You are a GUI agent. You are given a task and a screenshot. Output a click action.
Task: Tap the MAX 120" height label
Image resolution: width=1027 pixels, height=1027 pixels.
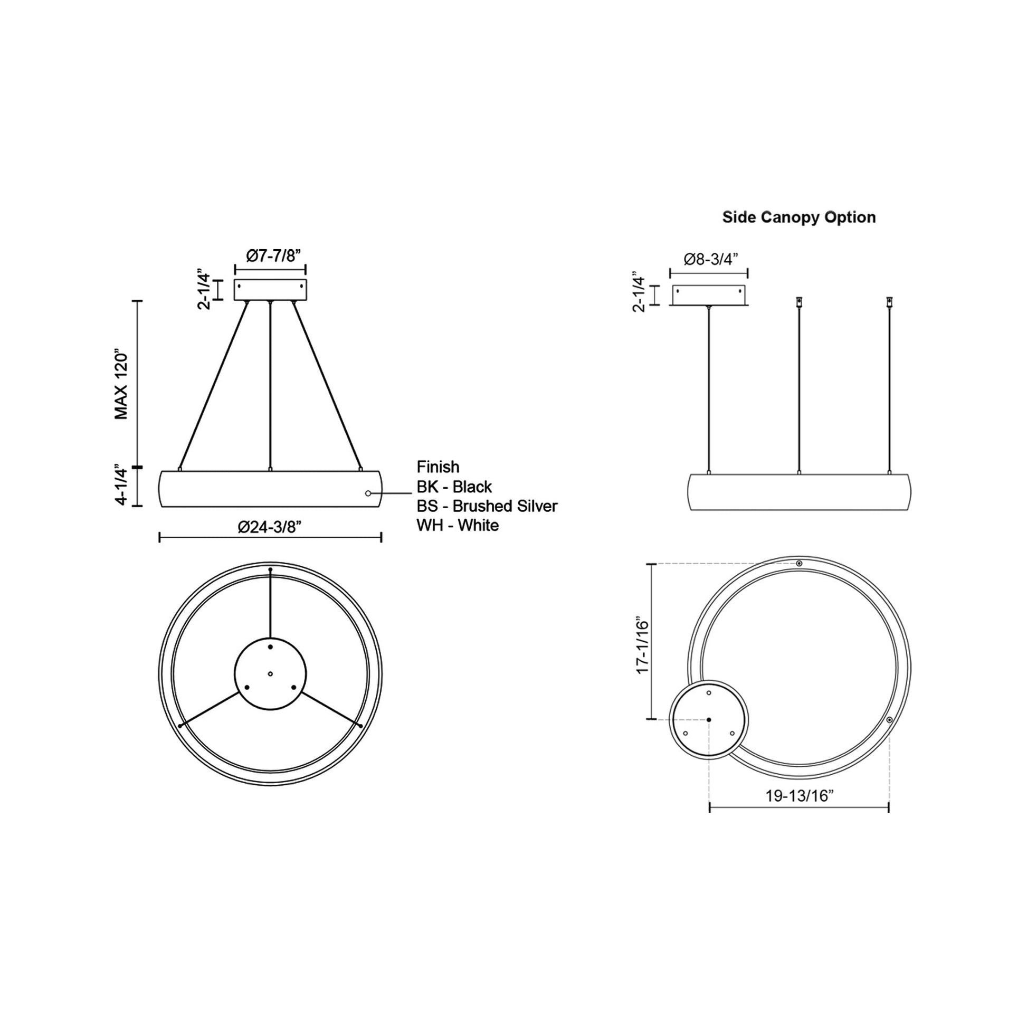click(x=122, y=384)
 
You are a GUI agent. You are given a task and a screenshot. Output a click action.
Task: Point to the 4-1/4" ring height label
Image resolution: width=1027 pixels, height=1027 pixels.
click(x=122, y=487)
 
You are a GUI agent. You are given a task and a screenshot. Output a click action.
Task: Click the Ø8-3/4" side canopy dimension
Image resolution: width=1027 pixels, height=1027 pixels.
click(x=711, y=260)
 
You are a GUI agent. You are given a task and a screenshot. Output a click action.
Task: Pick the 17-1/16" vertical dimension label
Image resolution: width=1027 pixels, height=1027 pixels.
click(x=643, y=646)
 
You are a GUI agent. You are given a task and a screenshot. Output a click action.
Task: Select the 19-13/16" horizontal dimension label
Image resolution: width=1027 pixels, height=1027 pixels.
click(x=799, y=811)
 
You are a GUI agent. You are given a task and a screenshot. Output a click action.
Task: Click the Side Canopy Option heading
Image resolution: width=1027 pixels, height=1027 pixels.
click(x=798, y=217)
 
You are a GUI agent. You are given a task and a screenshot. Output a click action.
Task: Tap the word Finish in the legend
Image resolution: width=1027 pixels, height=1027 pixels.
click(x=438, y=467)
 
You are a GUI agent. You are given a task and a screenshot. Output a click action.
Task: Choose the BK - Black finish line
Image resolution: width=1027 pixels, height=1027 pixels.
click(x=454, y=487)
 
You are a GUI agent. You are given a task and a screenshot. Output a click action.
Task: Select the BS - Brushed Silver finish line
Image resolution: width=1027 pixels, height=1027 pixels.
click(x=487, y=506)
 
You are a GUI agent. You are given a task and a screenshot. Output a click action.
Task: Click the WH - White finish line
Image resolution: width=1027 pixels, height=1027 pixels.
click(x=457, y=526)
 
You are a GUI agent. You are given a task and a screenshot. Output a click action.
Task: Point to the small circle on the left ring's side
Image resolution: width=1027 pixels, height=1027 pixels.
click(x=368, y=494)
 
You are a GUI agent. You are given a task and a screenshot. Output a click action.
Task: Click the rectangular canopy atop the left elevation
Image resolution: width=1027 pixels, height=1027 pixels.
click(x=270, y=290)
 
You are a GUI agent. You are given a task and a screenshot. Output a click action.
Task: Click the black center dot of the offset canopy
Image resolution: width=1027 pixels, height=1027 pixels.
click(x=709, y=720)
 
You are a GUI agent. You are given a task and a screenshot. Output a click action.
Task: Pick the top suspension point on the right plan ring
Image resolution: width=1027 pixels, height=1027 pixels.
click(x=799, y=563)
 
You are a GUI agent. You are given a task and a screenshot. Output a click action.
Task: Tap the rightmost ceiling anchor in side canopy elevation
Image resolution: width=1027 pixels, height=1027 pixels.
click(x=889, y=302)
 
